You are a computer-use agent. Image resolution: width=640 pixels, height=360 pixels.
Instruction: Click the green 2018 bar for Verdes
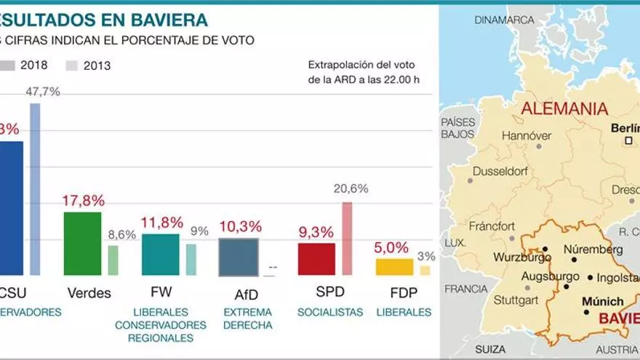tap(83, 244)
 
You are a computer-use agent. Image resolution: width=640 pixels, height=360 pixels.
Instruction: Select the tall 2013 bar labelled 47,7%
tap(35, 189)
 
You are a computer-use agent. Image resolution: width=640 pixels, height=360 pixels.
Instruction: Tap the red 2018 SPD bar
tap(316, 259)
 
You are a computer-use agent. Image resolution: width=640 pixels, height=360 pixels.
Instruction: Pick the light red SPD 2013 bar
tap(347, 239)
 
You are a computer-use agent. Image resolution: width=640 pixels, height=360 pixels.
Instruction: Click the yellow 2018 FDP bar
tap(394, 267)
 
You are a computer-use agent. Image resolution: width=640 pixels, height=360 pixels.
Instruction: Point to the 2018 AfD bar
tap(239, 257)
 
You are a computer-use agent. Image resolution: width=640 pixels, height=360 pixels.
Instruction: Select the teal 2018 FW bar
tap(161, 255)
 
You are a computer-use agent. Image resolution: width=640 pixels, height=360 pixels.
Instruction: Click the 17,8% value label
tap(84, 201)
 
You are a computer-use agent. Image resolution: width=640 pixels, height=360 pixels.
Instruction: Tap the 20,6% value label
tap(351, 188)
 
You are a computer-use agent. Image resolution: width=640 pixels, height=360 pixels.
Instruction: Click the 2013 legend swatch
tap(72, 65)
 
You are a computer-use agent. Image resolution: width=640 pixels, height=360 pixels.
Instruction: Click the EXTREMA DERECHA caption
tap(247, 319)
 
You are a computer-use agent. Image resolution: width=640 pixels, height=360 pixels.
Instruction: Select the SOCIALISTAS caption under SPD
tap(330, 312)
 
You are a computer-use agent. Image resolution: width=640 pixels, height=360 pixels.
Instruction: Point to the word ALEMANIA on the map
tap(564, 109)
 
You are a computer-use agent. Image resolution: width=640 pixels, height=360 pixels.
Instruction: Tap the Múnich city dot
tap(586, 312)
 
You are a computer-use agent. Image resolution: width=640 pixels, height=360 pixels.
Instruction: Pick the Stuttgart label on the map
tap(516, 299)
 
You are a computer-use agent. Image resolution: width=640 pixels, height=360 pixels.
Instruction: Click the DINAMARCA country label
tap(504, 20)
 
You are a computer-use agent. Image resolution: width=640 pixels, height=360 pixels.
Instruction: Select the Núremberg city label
tap(593, 247)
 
